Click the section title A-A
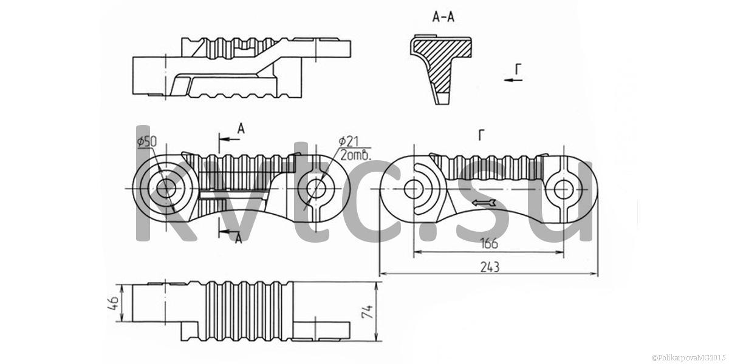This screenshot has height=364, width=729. tap(443, 16)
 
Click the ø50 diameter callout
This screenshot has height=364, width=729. tap(147, 142)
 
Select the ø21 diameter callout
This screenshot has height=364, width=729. tap(349, 141)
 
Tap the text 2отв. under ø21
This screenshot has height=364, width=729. tap(355, 155)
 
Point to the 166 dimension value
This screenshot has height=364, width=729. tap(489, 243)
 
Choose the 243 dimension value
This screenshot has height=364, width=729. tap(490, 267)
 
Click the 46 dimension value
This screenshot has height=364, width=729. tap(113, 303)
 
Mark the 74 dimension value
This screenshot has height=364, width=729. tap(368, 311)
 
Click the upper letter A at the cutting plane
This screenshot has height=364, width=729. tap(241, 129)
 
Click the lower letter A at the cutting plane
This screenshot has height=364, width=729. tap(239, 239)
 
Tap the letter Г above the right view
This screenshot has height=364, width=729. tap(481, 135)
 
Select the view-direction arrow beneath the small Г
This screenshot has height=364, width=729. tap(513, 80)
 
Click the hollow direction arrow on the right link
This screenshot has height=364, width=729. tap(484, 203)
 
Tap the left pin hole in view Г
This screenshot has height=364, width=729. tap(414, 189)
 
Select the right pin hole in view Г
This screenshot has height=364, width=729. tap(563, 189)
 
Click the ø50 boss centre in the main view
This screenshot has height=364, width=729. tap(166, 189)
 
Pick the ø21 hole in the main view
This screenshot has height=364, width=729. tap(316, 189)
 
